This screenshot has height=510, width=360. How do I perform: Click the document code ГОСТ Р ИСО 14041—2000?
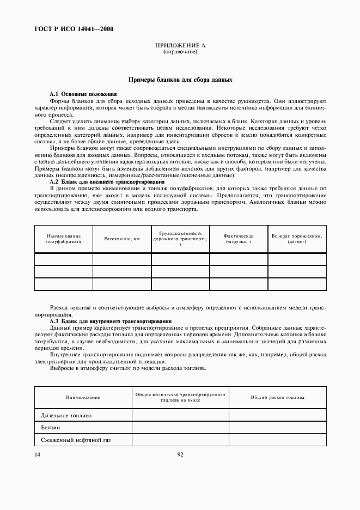click(74, 29)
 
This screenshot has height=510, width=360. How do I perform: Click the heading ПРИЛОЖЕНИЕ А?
click(180, 46)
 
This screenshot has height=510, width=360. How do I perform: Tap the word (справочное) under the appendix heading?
click(180, 52)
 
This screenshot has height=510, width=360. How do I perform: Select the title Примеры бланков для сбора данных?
click(180, 80)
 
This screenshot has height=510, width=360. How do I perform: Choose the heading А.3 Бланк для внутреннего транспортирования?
click(111, 321)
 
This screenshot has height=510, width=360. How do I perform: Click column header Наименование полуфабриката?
click(63, 239)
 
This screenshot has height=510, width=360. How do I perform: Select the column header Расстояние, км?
click(122, 239)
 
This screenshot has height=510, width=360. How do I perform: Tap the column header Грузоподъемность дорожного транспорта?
click(180, 239)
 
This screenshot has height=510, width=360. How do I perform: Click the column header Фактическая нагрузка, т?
click(239, 239)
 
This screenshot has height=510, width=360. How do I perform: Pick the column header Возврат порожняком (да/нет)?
click(297, 239)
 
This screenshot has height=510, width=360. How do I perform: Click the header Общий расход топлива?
click(277, 397)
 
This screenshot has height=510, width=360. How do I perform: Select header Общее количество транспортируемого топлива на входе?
click(180, 397)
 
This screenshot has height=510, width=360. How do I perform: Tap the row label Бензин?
click(51, 428)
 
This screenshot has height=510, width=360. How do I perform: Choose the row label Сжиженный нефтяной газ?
click(76, 440)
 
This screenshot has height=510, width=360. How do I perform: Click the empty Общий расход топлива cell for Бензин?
click(277, 428)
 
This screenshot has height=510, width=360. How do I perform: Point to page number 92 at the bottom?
click(180, 454)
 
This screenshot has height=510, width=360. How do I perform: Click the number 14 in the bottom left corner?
click(38, 454)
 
